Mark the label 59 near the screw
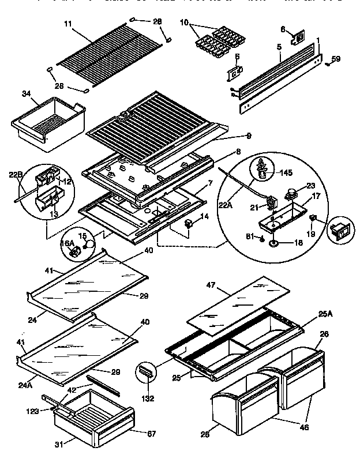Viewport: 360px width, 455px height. (336, 59)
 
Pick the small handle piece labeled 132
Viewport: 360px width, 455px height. (145, 373)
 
